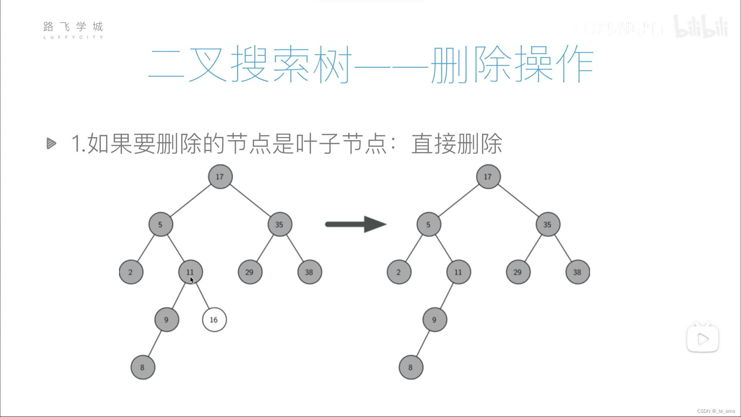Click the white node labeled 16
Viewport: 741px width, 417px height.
tap(214, 320)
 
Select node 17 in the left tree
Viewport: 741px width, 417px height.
tap(220, 177)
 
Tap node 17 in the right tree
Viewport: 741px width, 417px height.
tap(488, 177)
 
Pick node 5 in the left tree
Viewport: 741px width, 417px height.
tap(161, 224)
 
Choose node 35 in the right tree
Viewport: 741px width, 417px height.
tap(548, 224)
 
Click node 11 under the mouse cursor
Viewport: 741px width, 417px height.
tap(190, 272)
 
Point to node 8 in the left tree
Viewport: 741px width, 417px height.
tap(143, 367)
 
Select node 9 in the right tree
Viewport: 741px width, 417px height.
tap(435, 320)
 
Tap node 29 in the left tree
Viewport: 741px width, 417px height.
tap(250, 272)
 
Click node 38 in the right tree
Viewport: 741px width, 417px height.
tap(577, 272)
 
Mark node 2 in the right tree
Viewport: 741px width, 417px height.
tap(399, 272)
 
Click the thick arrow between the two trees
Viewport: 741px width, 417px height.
tap(355, 224)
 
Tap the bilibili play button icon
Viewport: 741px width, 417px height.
tap(702, 339)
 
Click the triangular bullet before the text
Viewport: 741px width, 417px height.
tap(51, 144)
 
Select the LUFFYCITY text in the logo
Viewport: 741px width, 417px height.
tap(73, 37)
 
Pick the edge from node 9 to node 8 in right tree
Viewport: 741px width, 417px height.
tap(422, 344)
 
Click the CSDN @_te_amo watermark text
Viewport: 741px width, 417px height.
tap(716, 411)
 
